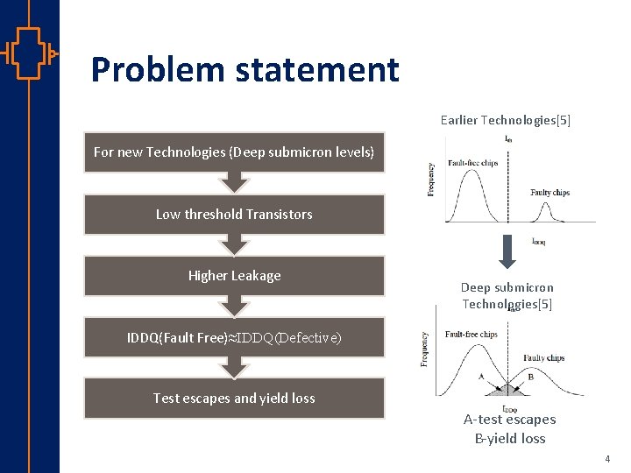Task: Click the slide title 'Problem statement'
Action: pyautogui.click(x=245, y=69)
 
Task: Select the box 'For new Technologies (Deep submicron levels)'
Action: pyautogui.click(x=234, y=152)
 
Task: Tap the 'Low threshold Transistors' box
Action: pyautogui.click(x=234, y=214)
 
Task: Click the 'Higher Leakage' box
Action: pyautogui.click(x=234, y=275)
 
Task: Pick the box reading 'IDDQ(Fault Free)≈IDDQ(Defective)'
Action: pyautogui.click(x=234, y=337)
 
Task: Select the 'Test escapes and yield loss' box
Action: pyautogui.click(x=234, y=398)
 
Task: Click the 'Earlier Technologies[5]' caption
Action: pyautogui.click(x=506, y=119)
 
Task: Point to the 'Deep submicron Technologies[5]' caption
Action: pyautogui.click(x=507, y=295)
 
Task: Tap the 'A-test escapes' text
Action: pyautogui.click(x=509, y=419)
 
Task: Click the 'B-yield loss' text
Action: pyautogui.click(x=509, y=438)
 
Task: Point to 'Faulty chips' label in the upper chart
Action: pyautogui.click(x=549, y=193)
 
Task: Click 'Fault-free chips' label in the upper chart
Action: pyautogui.click(x=473, y=162)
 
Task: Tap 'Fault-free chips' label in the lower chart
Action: pyautogui.click(x=471, y=334)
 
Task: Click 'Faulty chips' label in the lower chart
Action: pyautogui.click(x=544, y=357)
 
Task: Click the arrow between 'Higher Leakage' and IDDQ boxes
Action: pyautogui.click(x=234, y=307)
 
